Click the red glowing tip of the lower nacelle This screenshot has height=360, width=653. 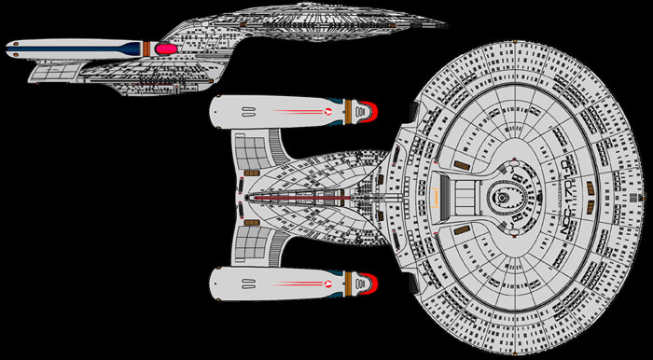click(x=370, y=278)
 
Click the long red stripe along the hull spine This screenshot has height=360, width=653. click(x=308, y=196)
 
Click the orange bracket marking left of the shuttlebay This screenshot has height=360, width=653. click(x=437, y=195)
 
